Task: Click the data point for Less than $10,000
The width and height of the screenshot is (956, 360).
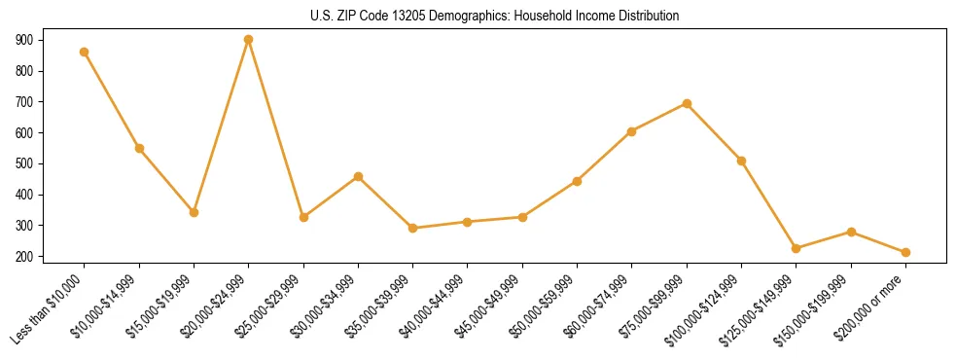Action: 85,53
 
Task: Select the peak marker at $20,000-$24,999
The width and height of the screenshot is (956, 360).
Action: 249,40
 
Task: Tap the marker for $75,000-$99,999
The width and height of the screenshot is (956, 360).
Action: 687,103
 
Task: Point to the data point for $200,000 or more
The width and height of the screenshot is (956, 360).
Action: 905,252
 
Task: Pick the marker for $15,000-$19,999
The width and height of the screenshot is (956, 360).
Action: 194,212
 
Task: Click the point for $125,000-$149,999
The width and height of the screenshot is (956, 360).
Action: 797,248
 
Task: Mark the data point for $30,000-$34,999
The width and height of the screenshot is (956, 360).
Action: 358,176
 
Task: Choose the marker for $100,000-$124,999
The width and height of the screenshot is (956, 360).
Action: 741,161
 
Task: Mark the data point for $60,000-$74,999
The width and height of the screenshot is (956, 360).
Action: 632,131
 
